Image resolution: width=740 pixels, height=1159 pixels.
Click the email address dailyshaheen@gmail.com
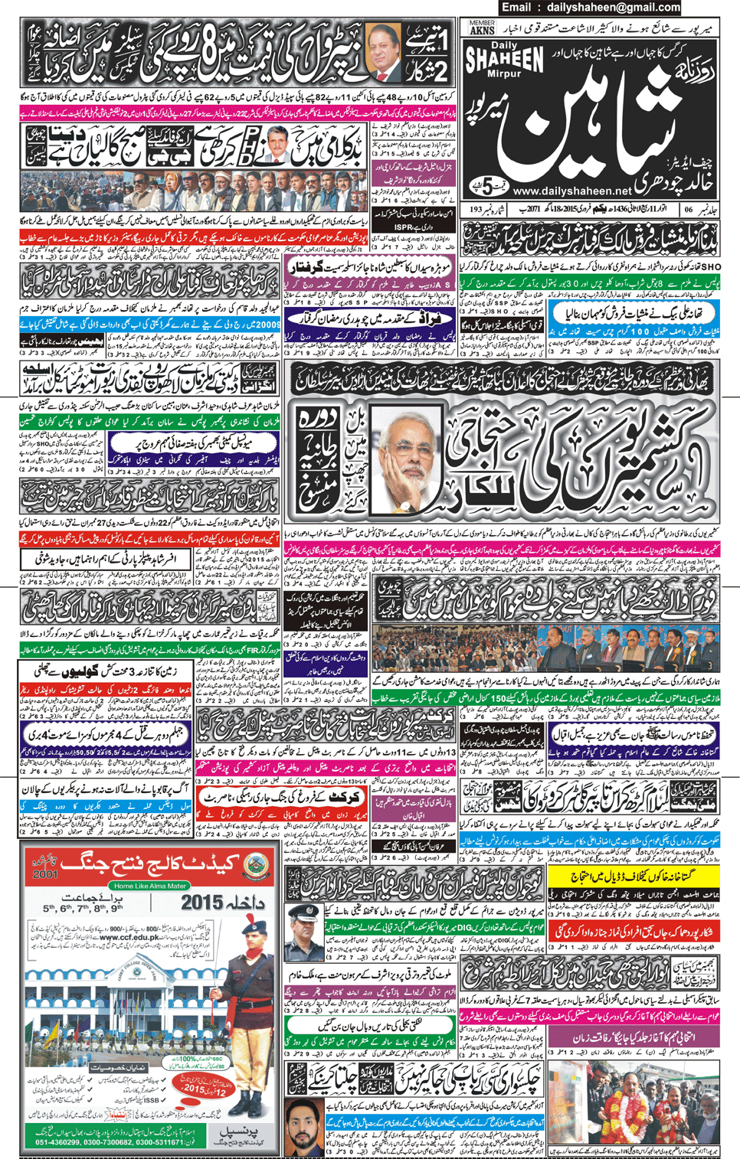613,8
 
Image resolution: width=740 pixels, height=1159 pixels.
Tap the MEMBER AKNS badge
483,28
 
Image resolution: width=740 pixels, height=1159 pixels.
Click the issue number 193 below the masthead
476,208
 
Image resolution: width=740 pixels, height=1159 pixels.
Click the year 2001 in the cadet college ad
45,873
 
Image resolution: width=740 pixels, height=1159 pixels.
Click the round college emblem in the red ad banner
255,865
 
